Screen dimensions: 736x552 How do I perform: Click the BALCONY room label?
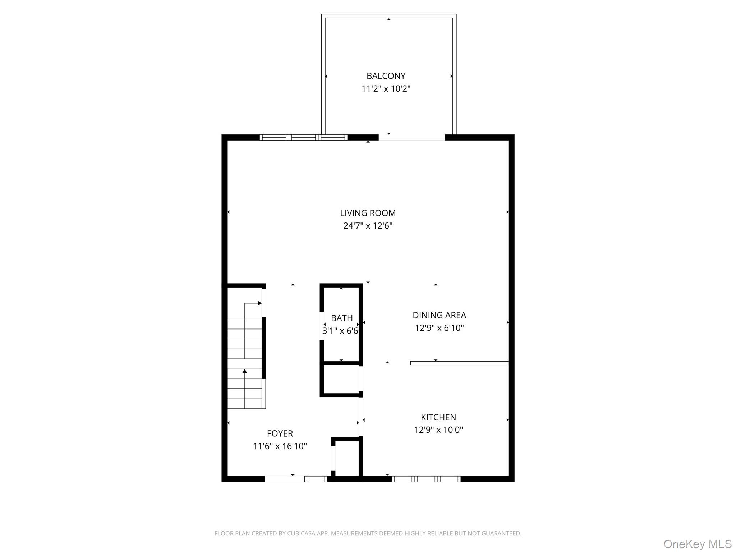click(x=386, y=76)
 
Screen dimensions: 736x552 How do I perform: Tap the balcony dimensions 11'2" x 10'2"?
click(x=386, y=88)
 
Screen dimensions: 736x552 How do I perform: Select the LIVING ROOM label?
click(x=368, y=213)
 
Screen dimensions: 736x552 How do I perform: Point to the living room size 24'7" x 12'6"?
click(x=368, y=226)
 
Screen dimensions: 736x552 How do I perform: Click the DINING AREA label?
click(x=439, y=315)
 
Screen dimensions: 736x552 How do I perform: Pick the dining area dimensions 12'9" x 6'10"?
click(x=439, y=328)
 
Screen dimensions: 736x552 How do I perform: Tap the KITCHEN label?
click(x=438, y=417)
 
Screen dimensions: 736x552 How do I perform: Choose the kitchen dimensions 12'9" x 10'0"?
click(x=438, y=429)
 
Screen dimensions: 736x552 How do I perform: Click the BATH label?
click(x=342, y=318)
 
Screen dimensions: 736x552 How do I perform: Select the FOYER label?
click(x=280, y=433)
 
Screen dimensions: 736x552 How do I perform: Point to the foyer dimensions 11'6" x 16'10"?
click(x=280, y=446)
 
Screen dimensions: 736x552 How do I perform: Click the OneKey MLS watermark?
click(x=698, y=544)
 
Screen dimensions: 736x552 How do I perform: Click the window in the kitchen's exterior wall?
click(x=426, y=479)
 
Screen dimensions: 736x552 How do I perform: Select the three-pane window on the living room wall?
click(x=303, y=137)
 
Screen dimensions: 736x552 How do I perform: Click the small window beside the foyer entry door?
click(x=316, y=479)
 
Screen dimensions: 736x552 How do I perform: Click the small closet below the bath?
click(x=341, y=380)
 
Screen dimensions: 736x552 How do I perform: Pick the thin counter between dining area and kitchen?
click(x=459, y=363)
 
